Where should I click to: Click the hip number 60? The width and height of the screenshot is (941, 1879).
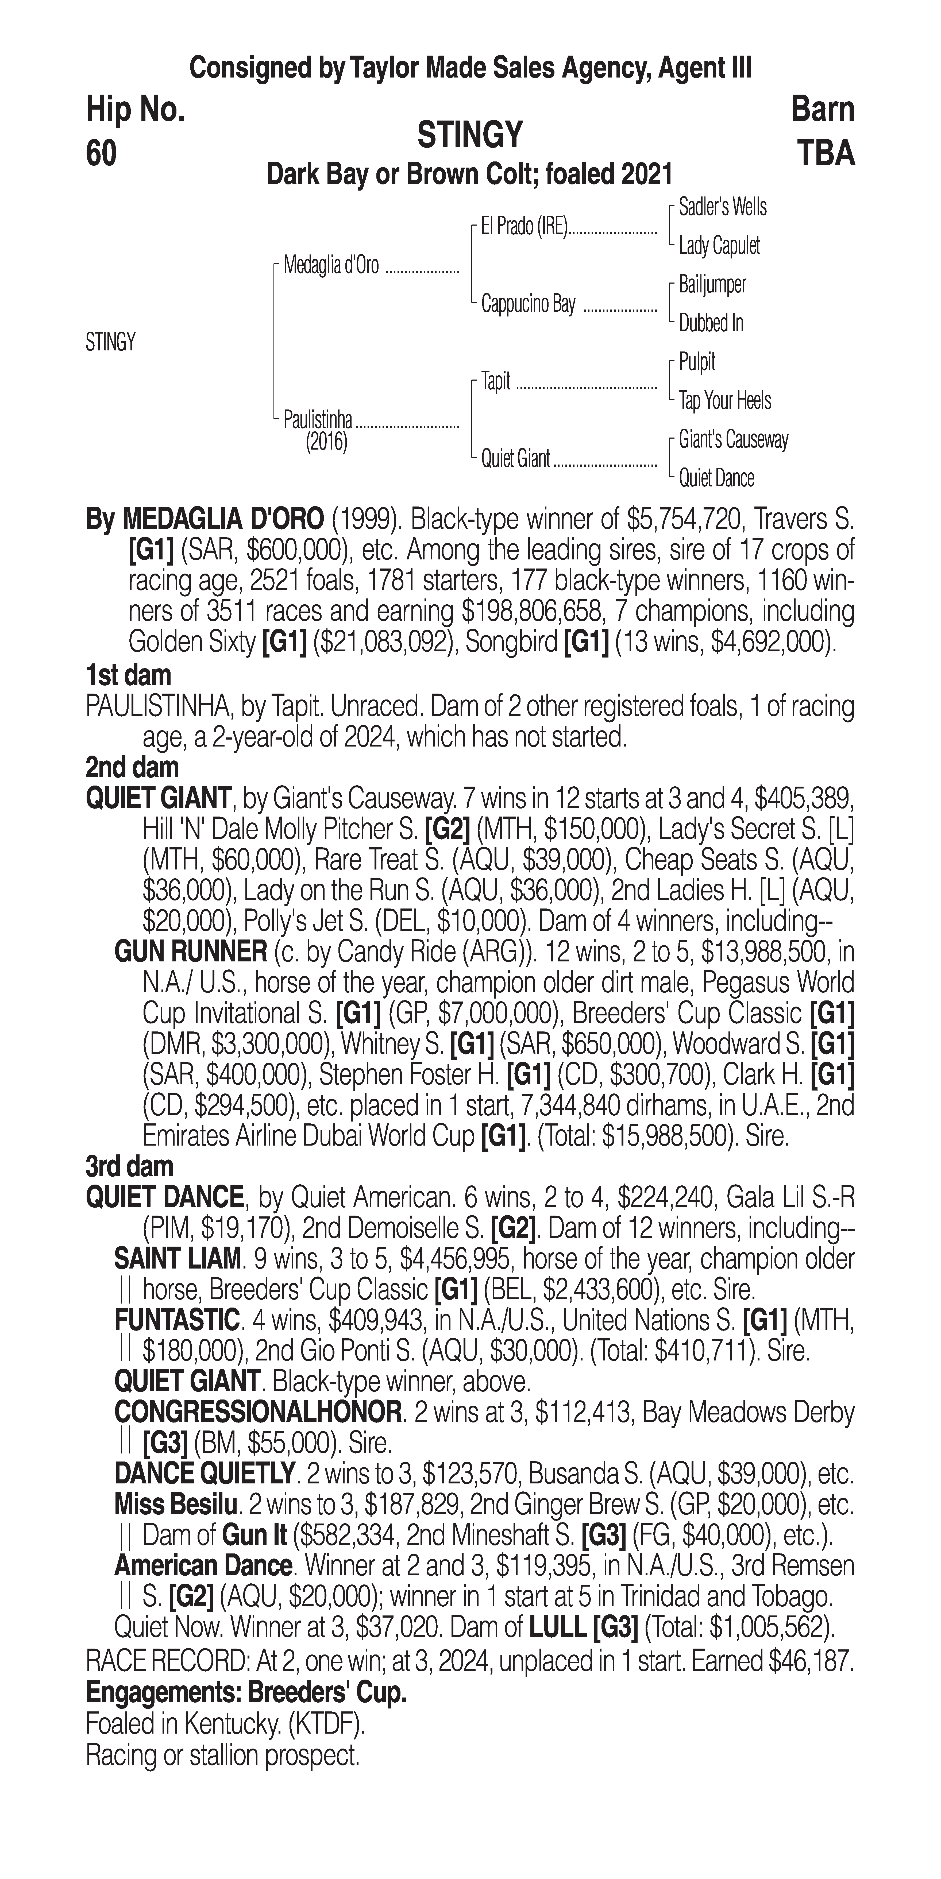pyautogui.click(x=101, y=154)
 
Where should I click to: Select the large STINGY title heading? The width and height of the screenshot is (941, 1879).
pyautogui.click(x=470, y=135)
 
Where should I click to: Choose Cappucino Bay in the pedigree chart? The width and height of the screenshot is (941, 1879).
pyautogui.click(x=528, y=304)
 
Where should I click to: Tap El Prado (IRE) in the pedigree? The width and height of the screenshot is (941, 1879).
pyautogui.click(x=524, y=227)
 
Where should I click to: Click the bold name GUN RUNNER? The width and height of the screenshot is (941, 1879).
pyautogui.click(x=191, y=952)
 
